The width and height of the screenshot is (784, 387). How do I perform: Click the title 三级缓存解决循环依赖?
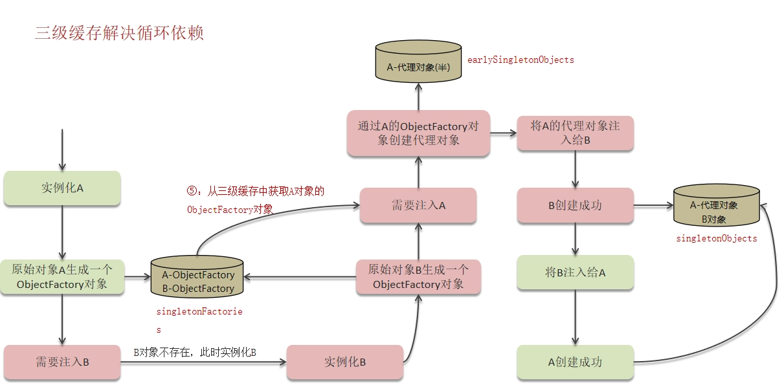pyautogui.click(x=119, y=33)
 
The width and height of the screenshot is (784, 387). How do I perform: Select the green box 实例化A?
pyautogui.click(x=62, y=188)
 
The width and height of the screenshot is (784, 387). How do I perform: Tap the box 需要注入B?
pyautogui.click(x=62, y=362)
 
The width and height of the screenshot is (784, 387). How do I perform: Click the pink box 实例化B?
pyautogui.click(x=345, y=362)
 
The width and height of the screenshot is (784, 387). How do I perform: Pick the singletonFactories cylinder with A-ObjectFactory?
pyautogui.click(x=197, y=277)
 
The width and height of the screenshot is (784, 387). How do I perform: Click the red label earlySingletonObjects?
pyautogui.click(x=521, y=60)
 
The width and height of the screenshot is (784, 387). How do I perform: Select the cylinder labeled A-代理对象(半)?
pyautogui.click(x=418, y=61)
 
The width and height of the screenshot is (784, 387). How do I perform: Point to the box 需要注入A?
pyautogui.click(x=418, y=205)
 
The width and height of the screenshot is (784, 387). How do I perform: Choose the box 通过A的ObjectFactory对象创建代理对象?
pyautogui.click(x=418, y=133)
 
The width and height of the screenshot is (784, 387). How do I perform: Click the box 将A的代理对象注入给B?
pyautogui.click(x=576, y=133)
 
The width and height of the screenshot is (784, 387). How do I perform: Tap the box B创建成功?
pyautogui.click(x=576, y=205)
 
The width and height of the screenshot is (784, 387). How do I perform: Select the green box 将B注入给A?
pyautogui.click(x=576, y=272)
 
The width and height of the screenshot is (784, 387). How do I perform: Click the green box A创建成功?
pyautogui.click(x=576, y=362)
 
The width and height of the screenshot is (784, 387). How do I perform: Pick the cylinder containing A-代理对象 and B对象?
pyautogui.click(x=717, y=205)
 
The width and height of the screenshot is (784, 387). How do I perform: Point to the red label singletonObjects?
pyautogui.click(x=717, y=238)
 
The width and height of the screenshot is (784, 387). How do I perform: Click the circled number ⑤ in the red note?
pyautogui.click(x=192, y=191)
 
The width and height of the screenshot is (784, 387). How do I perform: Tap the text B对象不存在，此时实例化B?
pyautogui.click(x=195, y=352)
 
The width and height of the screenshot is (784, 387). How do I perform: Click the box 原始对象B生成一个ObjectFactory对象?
pyautogui.click(x=418, y=277)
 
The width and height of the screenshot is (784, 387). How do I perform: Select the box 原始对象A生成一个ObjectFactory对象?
pyautogui.click(x=62, y=277)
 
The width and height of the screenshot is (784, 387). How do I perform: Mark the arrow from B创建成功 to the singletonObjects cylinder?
pyautogui.click(x=653, y=205)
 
